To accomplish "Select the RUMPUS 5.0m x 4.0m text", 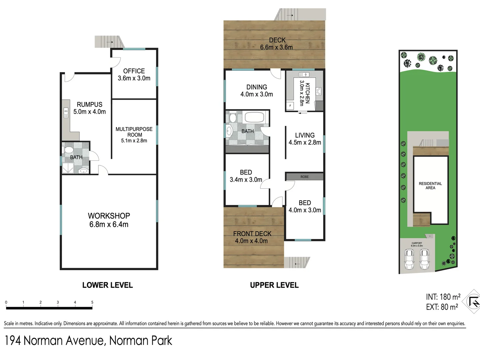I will [x=89, y=108].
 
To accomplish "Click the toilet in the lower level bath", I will [x=69, y=150].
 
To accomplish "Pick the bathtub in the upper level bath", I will [x=254, y=117].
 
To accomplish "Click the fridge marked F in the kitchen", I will [x=290, y=106].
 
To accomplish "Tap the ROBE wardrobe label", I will [x=304, y=177].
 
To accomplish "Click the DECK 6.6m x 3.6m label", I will [x=277, y=44].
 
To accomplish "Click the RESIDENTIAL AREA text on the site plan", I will [x=430, y=186].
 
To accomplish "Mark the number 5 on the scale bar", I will [x=92, y=302].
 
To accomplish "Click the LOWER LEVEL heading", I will [x=107, y=285].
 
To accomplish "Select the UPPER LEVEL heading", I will [x=274, y=285].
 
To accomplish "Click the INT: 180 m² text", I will [x=443, y=297].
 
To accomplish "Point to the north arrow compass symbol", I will [x=473, y=302].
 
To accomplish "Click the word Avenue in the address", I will [x=85, y=341].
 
